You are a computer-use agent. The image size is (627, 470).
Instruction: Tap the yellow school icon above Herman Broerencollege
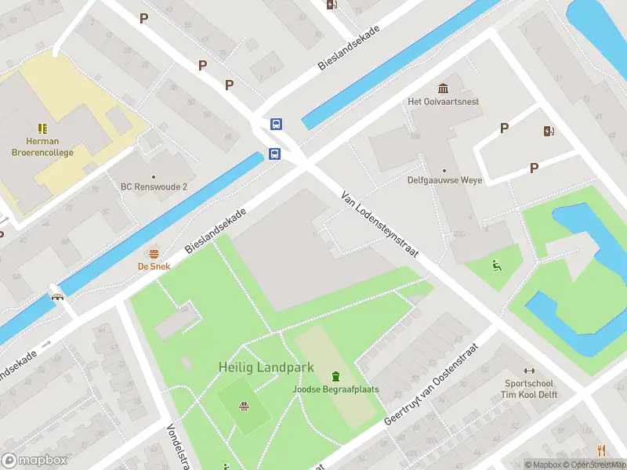(42, 128)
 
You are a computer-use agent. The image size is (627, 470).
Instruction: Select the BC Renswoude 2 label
(154, 186)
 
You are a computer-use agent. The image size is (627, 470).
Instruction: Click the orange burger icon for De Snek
(154, 253)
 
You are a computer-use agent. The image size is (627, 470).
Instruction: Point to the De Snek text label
(154, 266)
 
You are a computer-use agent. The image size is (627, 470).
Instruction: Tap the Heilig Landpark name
(266, 367)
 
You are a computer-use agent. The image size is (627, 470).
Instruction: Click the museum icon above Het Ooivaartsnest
(444, 88)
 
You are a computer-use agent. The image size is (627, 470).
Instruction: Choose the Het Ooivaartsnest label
(444, 102)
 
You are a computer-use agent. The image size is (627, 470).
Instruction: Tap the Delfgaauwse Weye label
(444, 180)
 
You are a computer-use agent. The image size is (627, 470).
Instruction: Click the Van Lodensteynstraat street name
(380, 224)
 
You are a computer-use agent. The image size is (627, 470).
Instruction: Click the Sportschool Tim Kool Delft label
(529, 389)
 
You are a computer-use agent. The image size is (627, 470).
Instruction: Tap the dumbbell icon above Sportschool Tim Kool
(529, 371)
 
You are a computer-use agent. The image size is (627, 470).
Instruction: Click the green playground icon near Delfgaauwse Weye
(495, 265)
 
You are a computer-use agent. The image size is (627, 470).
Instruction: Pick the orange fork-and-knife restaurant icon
(601, 450)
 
